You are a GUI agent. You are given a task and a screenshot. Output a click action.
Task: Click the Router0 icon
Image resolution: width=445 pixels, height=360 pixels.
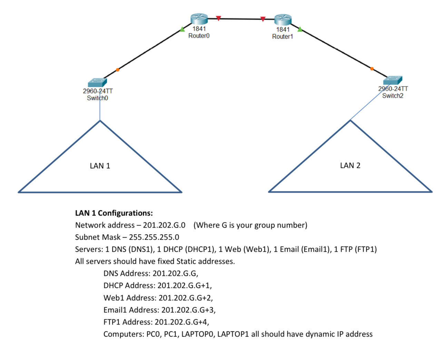pyautogui.click(x=199, y=19)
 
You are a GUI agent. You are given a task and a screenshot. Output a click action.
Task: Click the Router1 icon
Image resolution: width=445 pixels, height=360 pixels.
pyautogui.click(x=283, y=20)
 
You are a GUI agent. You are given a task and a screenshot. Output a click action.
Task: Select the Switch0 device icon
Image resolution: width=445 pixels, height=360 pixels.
pyautogui.click(x=97, y=82)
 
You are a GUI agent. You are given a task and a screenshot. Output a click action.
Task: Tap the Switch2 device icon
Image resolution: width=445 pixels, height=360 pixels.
pyautogui.click(x=393, y=80)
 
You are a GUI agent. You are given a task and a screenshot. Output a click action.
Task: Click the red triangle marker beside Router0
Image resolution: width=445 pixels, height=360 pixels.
pyautogui.click(x=218, y=18)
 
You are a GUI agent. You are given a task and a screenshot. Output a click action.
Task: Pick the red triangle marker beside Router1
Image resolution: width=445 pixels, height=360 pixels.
pyautogui.click(x=263, y=19)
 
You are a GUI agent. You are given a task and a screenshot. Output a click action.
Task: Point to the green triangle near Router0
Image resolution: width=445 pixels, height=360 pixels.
pyautogui.click(x=182, y=29)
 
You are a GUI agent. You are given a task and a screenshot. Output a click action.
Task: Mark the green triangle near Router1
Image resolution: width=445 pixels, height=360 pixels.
pyautogui.click(x=300, y=30)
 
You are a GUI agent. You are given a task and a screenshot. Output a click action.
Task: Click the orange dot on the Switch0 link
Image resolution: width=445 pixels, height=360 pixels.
pyautogui.click(x=118, y=70)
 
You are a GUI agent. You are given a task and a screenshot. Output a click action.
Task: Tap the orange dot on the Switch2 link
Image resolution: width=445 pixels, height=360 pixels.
pyautogui.click(x=372, y=69)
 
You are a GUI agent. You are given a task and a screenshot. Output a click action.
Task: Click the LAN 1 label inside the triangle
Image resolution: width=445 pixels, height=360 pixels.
pyautogui.click(x=100, y=166)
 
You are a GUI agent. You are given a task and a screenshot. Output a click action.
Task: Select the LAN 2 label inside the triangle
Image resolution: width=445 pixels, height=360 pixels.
pyautogui.click(x=350, y=166)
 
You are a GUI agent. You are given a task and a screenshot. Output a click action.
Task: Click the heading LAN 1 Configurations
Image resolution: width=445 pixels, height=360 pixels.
pyautogui.click(x=114, y=213)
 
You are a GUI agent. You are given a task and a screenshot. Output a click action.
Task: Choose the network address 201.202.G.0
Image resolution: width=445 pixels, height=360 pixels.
pyautogui.click(x=164, y=225)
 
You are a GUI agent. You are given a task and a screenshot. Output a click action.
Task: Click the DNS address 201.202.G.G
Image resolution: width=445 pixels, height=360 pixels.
pyautogui.click(x=175, y=273)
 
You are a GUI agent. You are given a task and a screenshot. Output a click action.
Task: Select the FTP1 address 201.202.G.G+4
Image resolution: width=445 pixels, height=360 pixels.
pyautogui.click(x=182, y=322)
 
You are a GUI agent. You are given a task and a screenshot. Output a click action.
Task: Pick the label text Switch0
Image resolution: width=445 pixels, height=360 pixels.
pyautogui.click(x=97, y=98)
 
